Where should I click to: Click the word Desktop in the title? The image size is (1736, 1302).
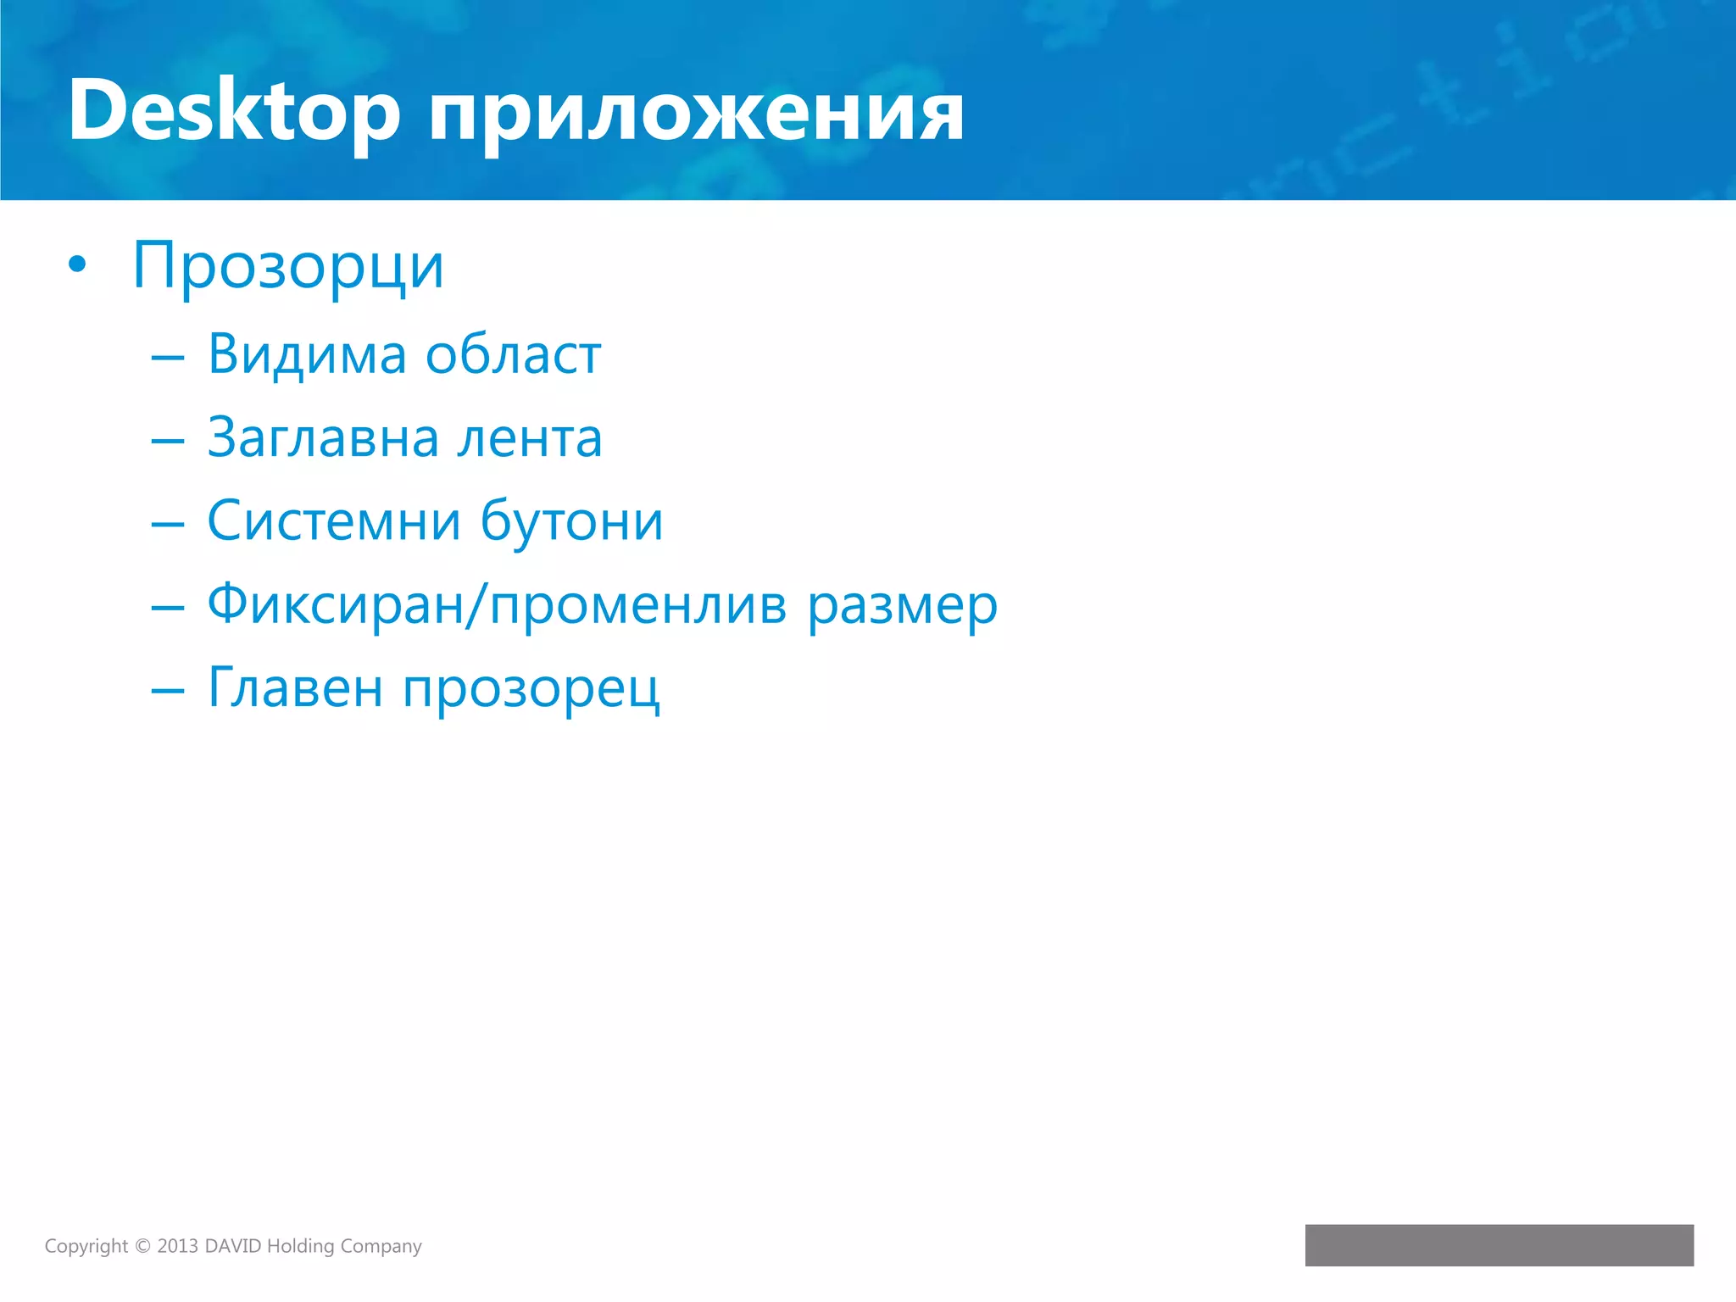(x=234, y=110)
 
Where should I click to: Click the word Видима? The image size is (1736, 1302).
(x=307, y=354)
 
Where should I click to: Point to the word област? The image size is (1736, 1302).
(x=513, y=354)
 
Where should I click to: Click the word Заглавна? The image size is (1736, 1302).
(x=323, y=439)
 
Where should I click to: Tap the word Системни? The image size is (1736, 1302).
(x=334, y=521)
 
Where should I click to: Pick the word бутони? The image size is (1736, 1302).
(x=571, y=521)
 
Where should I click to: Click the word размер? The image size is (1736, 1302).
(x=902, y=606)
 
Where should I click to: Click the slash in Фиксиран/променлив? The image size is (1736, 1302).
(x=477, y=606)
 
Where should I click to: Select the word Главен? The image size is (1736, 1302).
(x=295, y=688)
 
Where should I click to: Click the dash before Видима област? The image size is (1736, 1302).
(x=168, y=358)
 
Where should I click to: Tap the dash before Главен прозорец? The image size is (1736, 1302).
(x=168, y=691)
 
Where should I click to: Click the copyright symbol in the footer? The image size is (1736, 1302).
(x=142, y=1246)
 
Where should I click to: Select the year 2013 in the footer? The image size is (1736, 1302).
(x=177, y=1246)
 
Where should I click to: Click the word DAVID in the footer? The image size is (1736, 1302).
(x=233, y=1246)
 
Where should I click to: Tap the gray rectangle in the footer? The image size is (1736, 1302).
(x=1499, y=1245)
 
